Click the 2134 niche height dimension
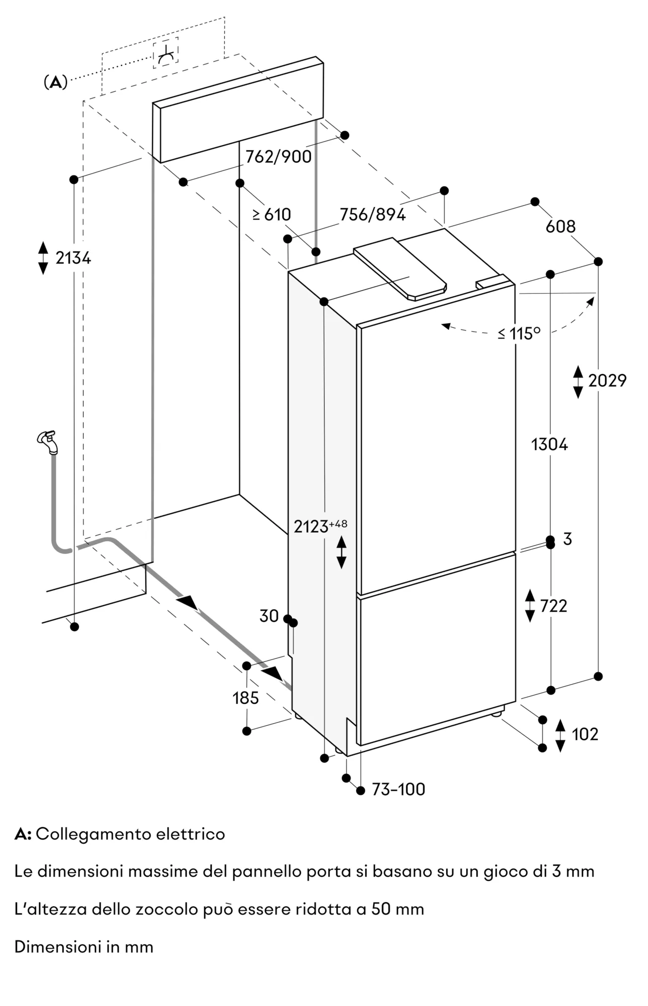click(73, 258)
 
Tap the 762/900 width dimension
click(278, 157)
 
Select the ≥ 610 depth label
click(272, 215)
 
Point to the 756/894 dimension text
click(373, 215)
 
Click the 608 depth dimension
click(560, 226)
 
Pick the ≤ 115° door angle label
click(519, 333)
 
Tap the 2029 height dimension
click(607, 381)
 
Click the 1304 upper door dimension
click(549, 444)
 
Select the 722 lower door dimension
click(553, 606)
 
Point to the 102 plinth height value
click(585, 734)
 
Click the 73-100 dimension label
click(398, 789)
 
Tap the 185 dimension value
click(246, 698)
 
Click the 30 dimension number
click(269, 616)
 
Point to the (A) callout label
click(55, 82)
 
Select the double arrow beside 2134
click(43, 258)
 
